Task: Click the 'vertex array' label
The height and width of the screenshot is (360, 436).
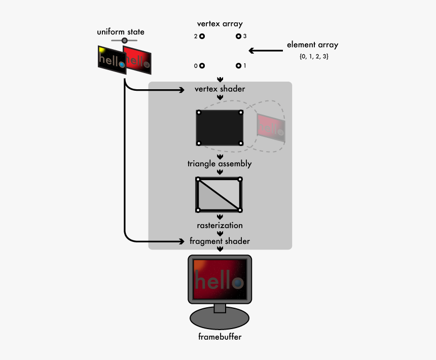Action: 220,24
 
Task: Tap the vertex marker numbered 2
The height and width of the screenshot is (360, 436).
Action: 202,37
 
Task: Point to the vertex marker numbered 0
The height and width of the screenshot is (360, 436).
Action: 202,66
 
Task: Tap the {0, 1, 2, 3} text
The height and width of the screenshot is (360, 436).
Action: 314,57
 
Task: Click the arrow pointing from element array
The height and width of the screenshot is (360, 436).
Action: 266,50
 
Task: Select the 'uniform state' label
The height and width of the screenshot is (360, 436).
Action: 121,32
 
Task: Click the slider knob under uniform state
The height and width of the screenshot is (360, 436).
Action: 124,40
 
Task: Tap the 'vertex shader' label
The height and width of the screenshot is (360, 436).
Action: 220,89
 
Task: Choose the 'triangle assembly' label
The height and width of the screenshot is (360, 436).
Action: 220,164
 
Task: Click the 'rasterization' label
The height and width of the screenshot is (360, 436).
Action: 220,225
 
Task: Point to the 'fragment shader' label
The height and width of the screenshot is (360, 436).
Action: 220,241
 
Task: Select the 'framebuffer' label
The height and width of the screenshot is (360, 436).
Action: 220,337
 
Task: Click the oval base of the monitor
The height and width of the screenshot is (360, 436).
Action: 220,319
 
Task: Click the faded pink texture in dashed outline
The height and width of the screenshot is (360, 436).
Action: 271,127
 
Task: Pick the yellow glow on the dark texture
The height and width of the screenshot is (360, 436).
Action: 102,50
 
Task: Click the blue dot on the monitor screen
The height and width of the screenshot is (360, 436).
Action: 237,282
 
